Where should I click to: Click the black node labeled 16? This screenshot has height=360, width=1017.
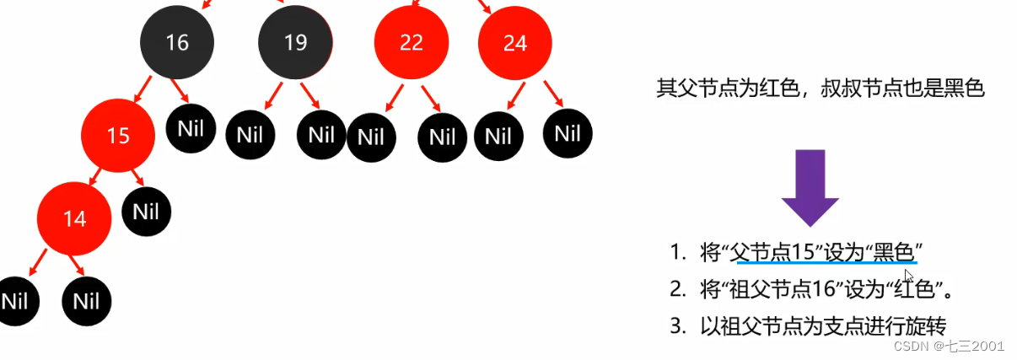(177, 43)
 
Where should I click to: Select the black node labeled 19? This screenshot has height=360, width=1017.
(295, 43)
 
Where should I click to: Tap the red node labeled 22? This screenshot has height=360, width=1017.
(412, 43)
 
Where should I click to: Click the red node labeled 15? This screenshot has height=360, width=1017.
(118, 135)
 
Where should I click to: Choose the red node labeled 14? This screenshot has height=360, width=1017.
(74, 219)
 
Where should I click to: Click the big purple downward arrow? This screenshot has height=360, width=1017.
(810, 189)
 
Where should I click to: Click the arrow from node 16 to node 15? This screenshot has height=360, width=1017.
(143, 94)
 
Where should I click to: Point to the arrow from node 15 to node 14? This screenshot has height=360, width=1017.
(95, 175)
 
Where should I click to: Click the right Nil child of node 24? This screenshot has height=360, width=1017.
(568, 133)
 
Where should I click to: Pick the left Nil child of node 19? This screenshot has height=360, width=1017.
(250, 135)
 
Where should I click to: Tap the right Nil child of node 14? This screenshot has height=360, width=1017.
(87, 301)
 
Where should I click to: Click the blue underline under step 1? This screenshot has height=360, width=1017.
(826, 263)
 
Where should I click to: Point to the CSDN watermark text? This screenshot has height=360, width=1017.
(949, 346)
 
